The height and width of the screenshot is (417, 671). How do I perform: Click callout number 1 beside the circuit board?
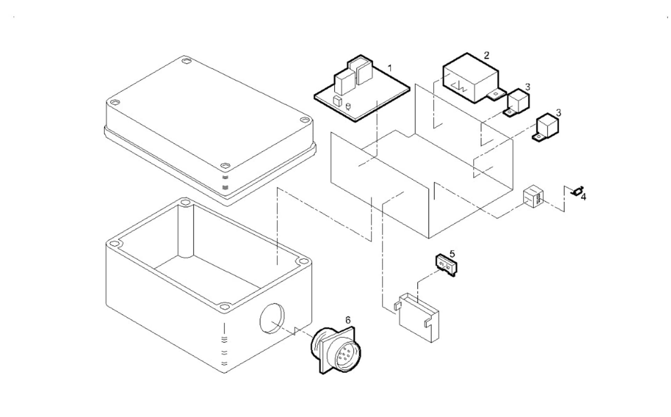point(390,68)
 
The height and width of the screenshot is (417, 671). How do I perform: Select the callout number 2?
point(486,55)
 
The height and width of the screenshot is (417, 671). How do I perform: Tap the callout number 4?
point(583,197)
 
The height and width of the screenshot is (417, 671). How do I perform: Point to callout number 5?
point(452,254)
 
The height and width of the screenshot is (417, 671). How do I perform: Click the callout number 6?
point(348,320)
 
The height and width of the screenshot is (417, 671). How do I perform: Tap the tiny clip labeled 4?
point(577,191)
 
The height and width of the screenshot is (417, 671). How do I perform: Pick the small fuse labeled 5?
point(446,264)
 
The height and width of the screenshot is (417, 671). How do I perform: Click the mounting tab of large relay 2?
point(496,95)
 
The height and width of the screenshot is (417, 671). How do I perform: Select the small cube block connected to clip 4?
point(533,197)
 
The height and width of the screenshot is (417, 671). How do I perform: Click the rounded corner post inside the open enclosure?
point(186,231)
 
